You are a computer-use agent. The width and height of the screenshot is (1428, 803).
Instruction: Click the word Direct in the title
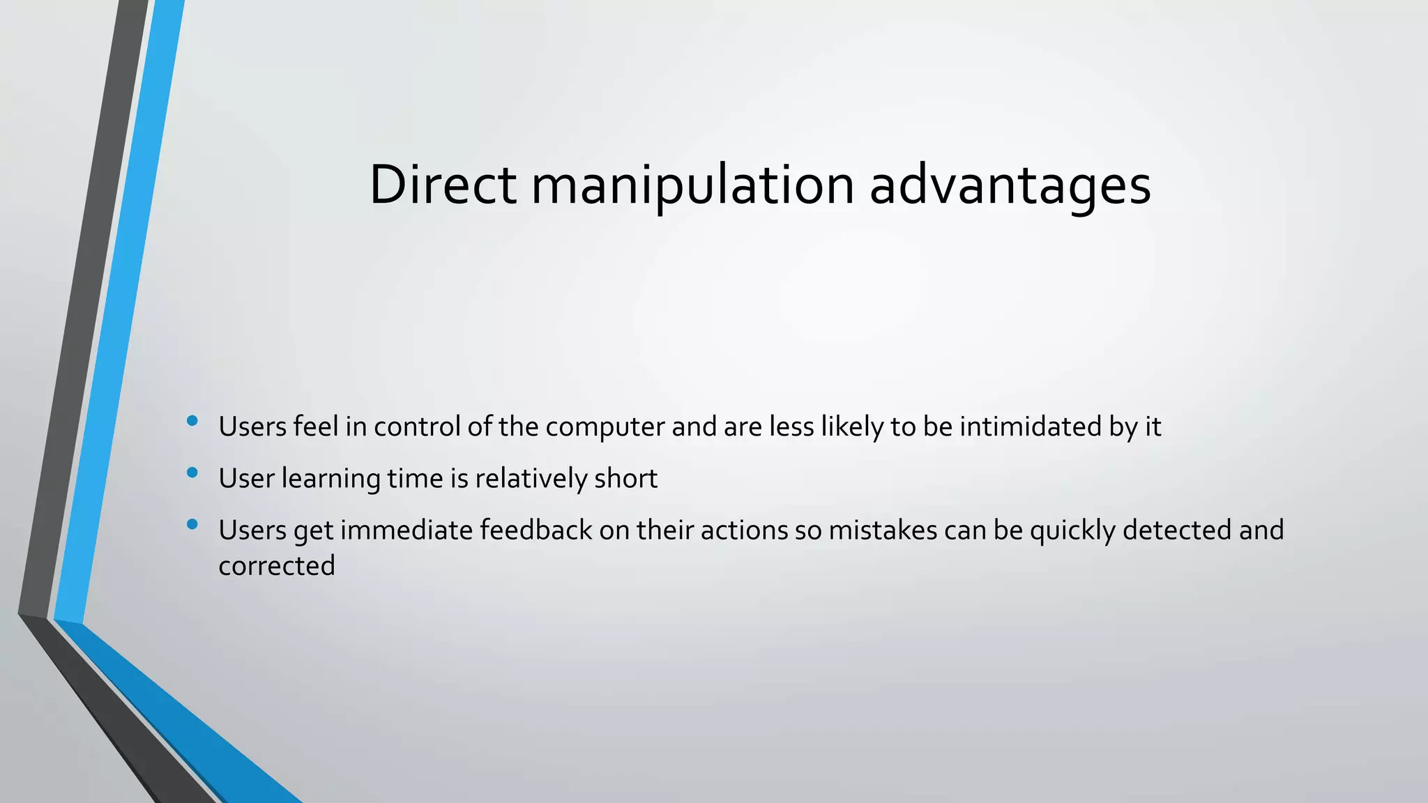click(442, 185)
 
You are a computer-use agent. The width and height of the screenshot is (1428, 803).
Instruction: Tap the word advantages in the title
click(1010, 185)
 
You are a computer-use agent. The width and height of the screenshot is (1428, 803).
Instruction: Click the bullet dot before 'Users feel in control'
click(192, 420)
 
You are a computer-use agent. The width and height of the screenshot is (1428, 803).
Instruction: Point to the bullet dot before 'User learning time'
click(192, 473)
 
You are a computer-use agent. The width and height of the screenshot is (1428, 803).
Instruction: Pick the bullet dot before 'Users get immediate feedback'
click(192, 524)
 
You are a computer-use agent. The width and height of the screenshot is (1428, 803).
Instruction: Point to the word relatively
click(531, 479)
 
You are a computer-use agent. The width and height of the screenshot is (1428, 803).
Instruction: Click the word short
click(626, 479)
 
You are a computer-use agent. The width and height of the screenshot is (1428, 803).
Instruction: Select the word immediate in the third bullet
click(407, 530)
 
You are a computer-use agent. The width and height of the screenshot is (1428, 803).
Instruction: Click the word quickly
click(1072, 530)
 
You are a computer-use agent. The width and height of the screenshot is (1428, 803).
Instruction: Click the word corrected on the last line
click(277, 566)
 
